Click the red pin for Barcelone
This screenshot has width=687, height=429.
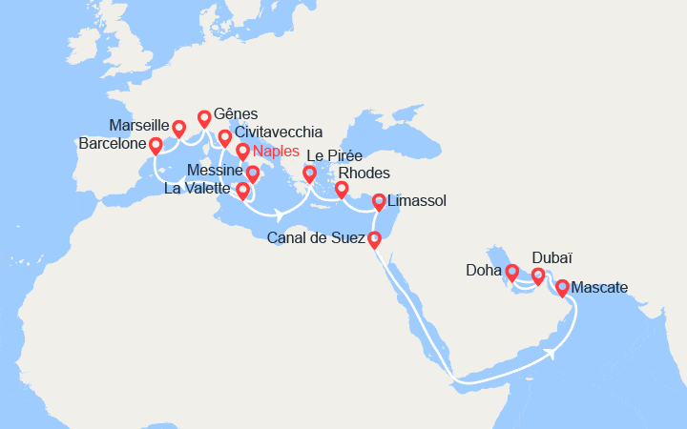coord(156,146)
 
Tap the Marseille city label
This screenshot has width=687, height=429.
coord(138,126)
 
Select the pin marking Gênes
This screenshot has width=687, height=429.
coord(203,118)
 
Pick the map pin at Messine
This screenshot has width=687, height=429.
coord(253,174)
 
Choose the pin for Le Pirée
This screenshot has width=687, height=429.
coord(309,174)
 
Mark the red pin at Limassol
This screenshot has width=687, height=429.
coord(379,201)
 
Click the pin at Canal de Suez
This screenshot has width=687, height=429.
coord(374,239)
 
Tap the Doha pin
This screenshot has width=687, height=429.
coord(512,273)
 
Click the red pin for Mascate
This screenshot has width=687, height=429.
coord(562,286)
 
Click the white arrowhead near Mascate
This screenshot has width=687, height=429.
coord(552,351)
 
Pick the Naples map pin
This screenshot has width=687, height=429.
coord(242,151)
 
